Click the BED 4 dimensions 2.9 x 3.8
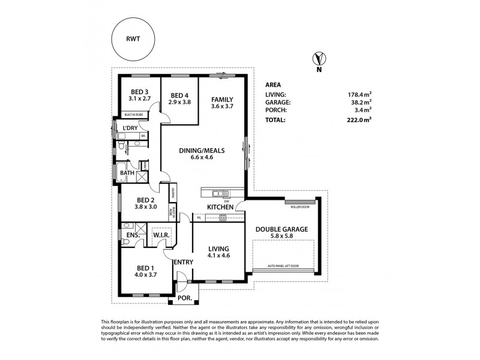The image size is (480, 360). point(180,103)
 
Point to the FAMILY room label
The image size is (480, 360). point(221,99)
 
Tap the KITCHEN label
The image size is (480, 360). point(220,207)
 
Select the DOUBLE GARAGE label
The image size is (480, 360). point(282,229)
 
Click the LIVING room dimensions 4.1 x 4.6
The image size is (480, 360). point(218,256)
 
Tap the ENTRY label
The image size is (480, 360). point(182,262)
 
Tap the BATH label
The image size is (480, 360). point(127,173)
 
